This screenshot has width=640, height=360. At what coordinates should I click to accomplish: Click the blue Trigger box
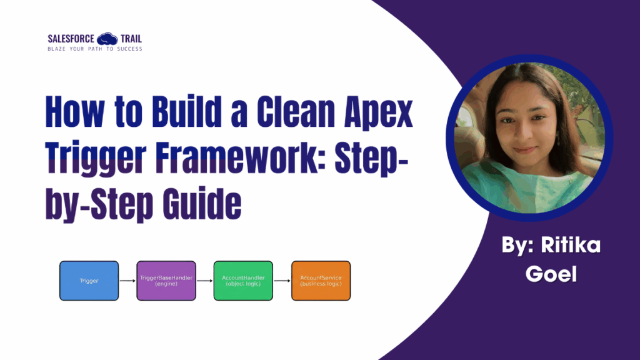[x=89, y=281]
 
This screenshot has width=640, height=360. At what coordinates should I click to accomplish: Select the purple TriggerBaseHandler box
[x=166, y=281]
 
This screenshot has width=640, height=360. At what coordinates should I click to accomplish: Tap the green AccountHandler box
[x=243, y=281]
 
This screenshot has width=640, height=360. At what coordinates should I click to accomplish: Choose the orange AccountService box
[x=321, y=281]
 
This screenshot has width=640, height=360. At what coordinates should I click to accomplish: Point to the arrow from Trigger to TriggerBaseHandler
[x=127, y=281]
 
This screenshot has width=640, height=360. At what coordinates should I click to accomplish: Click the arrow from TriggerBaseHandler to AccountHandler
[x=205, y=281]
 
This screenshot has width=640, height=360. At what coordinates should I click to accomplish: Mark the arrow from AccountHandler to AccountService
[x=282, y=281]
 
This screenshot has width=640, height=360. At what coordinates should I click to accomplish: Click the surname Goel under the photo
[x=551, y=274]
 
